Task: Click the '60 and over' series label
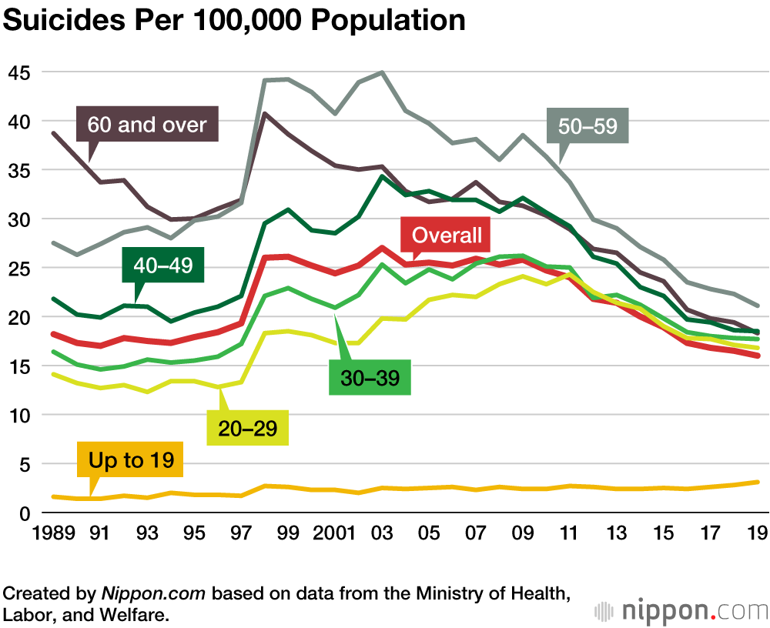coord(147,124)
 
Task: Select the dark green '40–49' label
coord(162,266)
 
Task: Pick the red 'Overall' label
coord(447,235)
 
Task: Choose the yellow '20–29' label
coord(248,428)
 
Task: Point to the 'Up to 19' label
coord(130,460)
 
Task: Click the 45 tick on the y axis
coord(21,72)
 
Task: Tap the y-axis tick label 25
coord(21,269)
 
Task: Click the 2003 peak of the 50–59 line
coord(381,72)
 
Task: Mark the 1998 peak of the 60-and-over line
coord(263,114)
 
